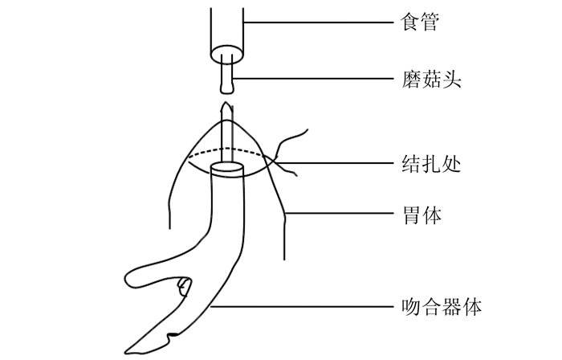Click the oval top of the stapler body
pos(226,169)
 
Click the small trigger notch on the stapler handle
pos(185,285)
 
